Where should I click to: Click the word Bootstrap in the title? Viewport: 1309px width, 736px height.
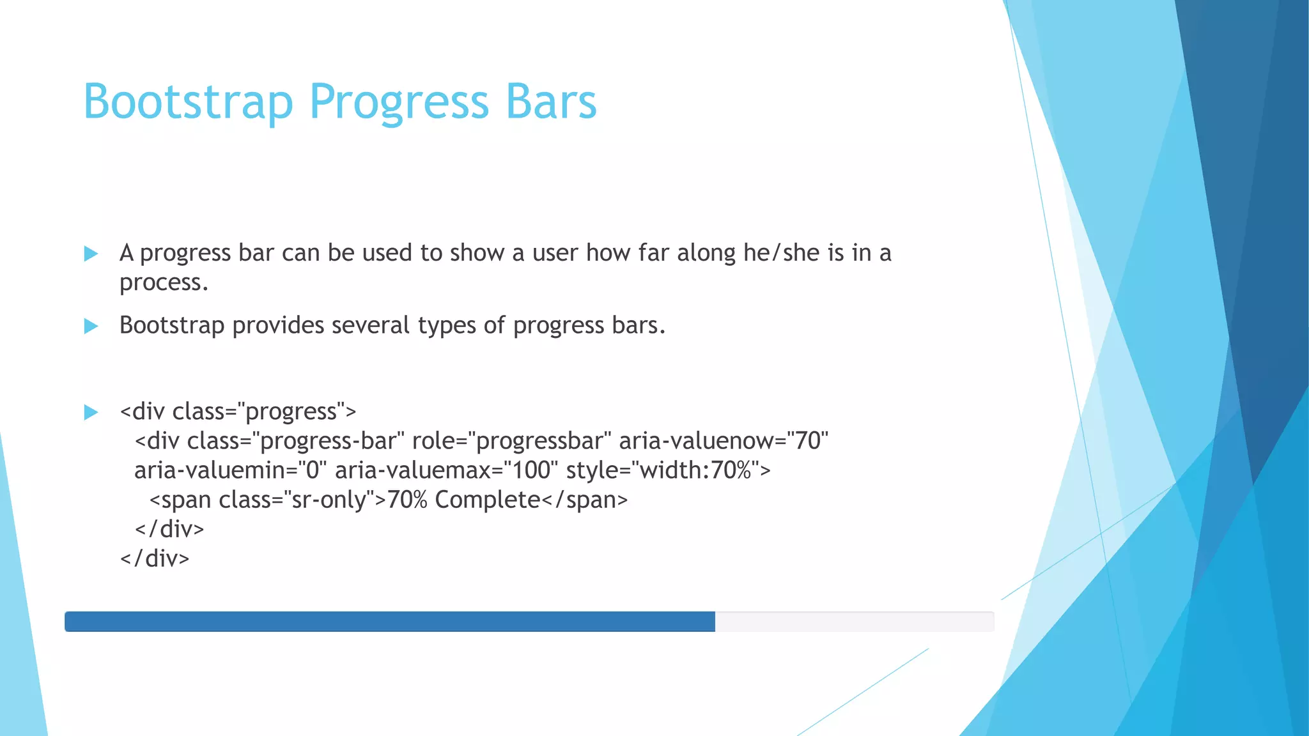188,102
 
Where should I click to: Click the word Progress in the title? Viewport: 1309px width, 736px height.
399,102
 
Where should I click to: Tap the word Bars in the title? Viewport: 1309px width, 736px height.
551,102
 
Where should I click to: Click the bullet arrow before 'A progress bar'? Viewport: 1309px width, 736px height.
91,254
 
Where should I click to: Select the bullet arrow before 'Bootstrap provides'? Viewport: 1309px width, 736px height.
91,326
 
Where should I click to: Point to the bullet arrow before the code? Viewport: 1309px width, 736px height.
91,412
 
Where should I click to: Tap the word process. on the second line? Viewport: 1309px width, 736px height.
164,283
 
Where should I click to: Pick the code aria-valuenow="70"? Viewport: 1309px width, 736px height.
723,441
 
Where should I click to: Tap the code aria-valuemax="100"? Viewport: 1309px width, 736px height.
446,471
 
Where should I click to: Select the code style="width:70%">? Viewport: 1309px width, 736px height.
668,471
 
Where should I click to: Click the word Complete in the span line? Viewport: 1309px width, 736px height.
487,500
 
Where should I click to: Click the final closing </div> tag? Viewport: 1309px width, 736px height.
155,559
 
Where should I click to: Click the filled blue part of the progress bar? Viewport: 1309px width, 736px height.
390,622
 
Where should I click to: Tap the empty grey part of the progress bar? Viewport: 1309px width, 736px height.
854,622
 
